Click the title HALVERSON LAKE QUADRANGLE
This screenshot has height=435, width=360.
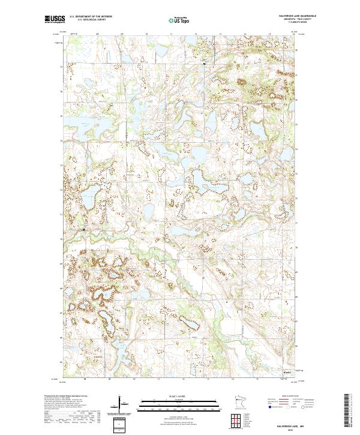pyautogui.click(x=294, y=16)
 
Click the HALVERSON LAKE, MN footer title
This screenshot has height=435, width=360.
pyautogui.click(x=292, y=423)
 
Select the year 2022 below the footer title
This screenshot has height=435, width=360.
pyautogui.click(x=292, y=428)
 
